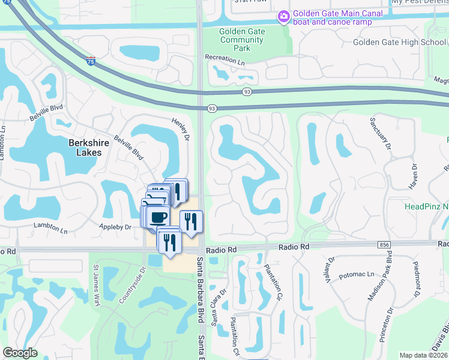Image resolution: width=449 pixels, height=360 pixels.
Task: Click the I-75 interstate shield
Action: (91, 61)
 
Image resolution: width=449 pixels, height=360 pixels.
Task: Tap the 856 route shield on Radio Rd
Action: (384, 245)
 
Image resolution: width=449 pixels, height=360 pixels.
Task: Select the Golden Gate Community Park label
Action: (242, 40)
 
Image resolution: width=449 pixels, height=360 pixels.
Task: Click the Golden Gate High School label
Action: (399, 42)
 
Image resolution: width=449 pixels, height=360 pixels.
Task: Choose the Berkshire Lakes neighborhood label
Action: (92, 148)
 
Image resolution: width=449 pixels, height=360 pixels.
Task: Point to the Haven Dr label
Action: (413, 176)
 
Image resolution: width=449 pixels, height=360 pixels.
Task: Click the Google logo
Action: (20, 353)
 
